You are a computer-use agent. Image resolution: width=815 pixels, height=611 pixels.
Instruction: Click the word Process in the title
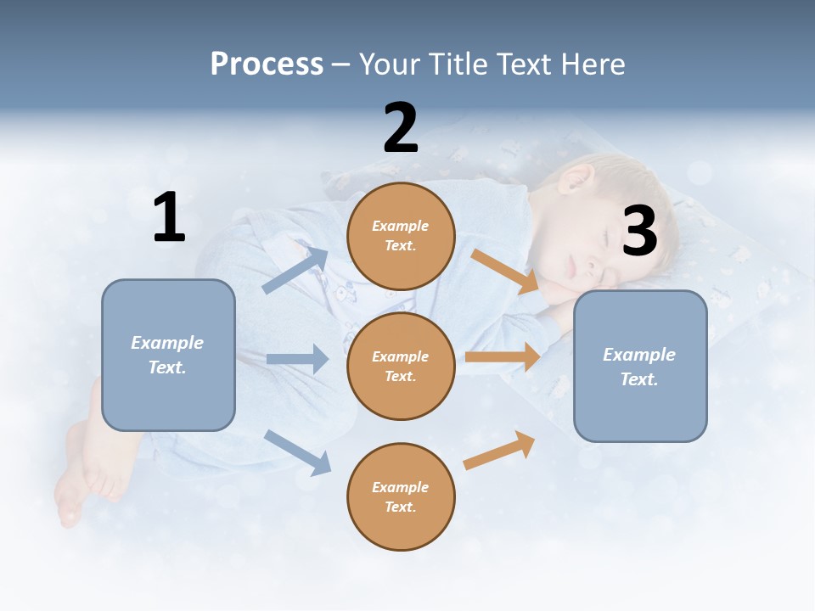coord(267,64)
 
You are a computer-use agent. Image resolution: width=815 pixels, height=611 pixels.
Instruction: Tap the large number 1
coord(169,217)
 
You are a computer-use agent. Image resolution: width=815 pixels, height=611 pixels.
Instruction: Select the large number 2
coord(401,128)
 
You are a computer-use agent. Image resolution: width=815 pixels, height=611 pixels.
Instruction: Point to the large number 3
coord(639,231)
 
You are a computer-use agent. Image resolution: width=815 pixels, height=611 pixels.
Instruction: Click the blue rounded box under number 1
coord(168,355)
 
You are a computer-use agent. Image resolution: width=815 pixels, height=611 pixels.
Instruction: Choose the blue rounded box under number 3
coord(640,366)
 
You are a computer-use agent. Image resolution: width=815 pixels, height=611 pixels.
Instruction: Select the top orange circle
coord(401,236)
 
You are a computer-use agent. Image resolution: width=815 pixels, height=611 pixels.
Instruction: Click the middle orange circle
coord(401,366)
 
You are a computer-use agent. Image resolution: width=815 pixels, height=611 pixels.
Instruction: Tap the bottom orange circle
coord(401,496)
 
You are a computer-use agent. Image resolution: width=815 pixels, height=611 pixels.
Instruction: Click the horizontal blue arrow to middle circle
coord(297,359)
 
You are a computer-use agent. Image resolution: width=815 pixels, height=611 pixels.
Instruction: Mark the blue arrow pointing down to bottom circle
coord(297,451)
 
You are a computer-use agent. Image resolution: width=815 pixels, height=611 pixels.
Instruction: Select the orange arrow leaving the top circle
coord(506,272)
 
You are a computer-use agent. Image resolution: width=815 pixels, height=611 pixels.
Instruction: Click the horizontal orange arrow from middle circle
coord(503,356)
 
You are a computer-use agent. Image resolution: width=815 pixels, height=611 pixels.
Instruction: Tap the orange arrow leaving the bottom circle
coord(499,450)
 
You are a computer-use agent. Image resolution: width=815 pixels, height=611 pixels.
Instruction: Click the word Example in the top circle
coord(401,226)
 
